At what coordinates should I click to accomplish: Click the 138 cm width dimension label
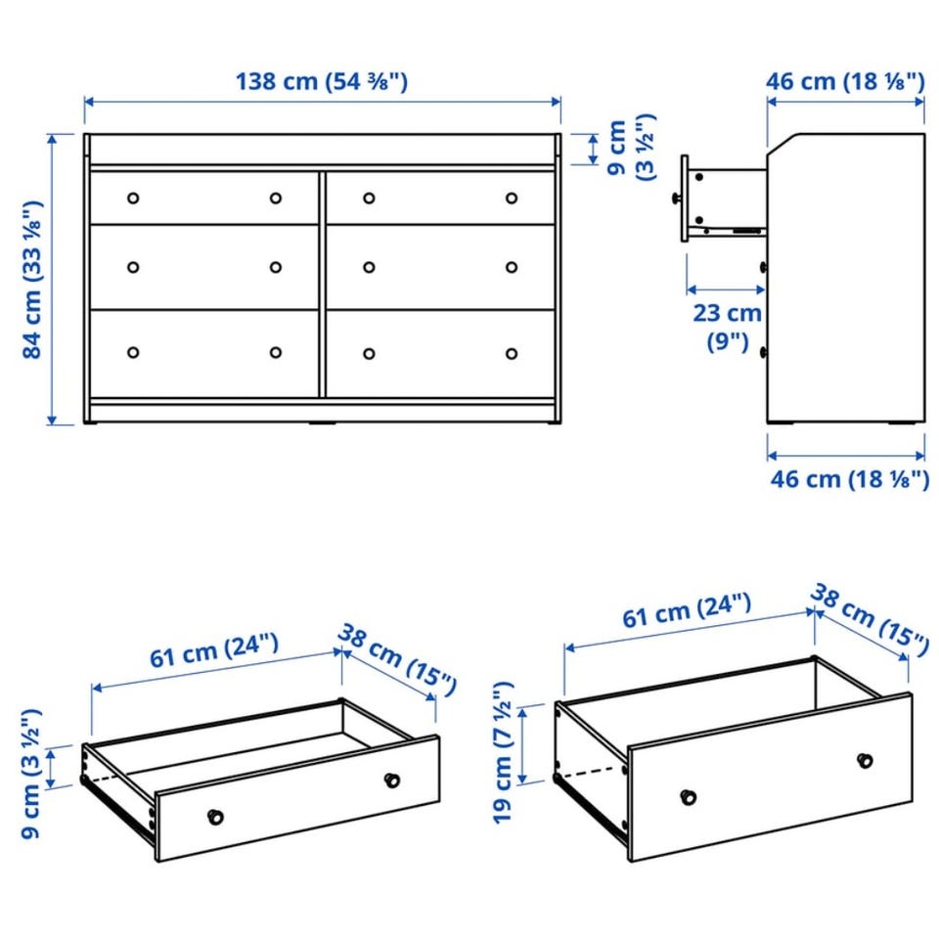pos(322,81)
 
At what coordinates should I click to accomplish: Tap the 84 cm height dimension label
pos(32,280)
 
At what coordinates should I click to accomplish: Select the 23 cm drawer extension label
pos(727,327)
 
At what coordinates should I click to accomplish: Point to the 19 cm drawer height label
pos(503,753)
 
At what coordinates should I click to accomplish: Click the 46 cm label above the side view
pos(845,81)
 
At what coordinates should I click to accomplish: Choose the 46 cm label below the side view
pos(850,479)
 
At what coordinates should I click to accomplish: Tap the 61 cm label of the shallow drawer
pos(214,650)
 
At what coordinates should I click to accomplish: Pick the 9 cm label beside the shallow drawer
pos(31,774)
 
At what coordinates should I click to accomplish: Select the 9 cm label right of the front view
pos(631,148)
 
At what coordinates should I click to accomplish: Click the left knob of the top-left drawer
pos(133,199)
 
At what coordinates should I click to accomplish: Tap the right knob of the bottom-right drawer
pos(512,353)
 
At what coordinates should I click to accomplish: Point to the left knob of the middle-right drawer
pos(369,267)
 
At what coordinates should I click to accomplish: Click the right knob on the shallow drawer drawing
pos(391,780)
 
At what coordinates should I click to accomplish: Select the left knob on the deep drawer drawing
pos(689,796)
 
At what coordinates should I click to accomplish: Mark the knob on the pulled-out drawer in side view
pos(676,199)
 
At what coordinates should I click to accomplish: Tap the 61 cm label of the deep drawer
pos(687,611)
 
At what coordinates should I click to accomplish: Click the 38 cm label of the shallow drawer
pos(397,659)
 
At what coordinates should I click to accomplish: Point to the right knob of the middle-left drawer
pos(276,267)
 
